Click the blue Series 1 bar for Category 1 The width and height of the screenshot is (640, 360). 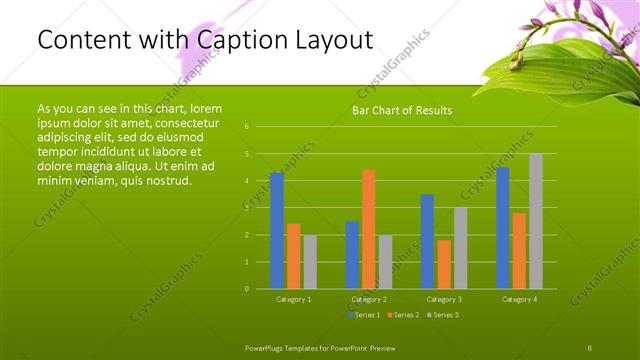[277, 231]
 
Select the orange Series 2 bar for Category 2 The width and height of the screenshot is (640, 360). [369, 229]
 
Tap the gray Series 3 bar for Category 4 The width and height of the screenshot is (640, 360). [536, 221]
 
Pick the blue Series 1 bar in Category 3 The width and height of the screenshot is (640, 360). [427, 241]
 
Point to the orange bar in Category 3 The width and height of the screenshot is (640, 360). [444, 264]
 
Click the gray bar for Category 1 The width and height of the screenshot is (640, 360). [310, 262]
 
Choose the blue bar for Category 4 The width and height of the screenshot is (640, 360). [503, 228]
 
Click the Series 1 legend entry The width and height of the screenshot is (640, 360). [364, 315]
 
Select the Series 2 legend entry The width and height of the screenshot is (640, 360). [404, 315]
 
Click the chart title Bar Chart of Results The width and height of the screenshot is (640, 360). [402, 110]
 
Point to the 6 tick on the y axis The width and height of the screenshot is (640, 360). [246, 127]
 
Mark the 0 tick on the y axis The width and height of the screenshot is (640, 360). [246, 289]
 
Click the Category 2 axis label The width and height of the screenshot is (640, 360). [369, 299]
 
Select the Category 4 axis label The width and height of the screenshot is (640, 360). [519, 299]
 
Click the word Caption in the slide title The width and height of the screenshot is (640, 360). [241, 40]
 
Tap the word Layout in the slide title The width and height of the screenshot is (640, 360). [331, 40]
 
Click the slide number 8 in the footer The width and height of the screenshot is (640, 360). [590, 346]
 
